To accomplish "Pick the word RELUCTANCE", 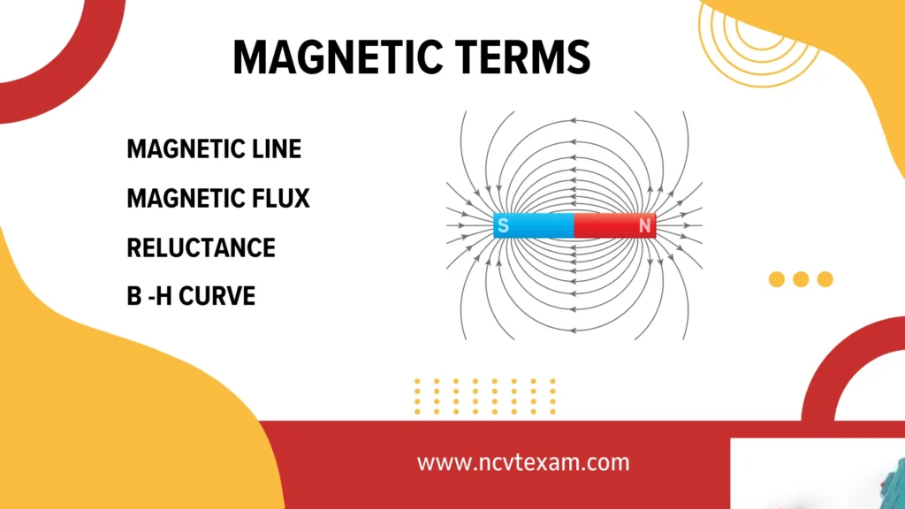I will coord(201,247).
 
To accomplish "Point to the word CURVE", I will coord(217,296).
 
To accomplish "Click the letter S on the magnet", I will coord(503,226).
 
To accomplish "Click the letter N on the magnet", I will coord(645,226).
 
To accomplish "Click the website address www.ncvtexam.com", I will coord(523,462).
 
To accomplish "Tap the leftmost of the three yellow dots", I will coord(777,279).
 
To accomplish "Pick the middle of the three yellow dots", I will coord(801,279).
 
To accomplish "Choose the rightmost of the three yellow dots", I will coord(825,279).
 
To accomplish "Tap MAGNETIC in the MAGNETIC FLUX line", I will coord(179,199).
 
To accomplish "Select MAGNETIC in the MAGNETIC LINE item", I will coord(179,149).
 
